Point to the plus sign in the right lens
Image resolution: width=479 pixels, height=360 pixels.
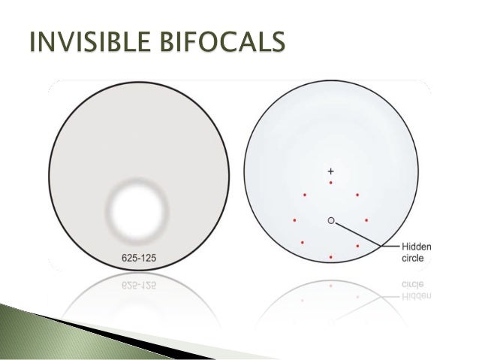(331, 170)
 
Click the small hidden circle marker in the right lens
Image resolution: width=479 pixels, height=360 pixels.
(330, 220)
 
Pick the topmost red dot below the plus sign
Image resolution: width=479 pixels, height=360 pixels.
(331, 183)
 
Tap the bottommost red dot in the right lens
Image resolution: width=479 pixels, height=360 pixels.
(331, 257)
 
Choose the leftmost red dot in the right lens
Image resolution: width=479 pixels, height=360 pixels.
(294, 220)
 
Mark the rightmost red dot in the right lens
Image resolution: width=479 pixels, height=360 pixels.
(366, 220)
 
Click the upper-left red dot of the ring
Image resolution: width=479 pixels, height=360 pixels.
(305, 195)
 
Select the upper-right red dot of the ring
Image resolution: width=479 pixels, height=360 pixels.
(357, 195)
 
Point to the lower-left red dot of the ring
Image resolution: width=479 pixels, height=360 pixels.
(303, 243)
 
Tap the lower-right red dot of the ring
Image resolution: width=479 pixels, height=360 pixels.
(357, 246)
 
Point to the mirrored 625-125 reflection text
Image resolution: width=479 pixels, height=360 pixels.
(140, 286)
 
